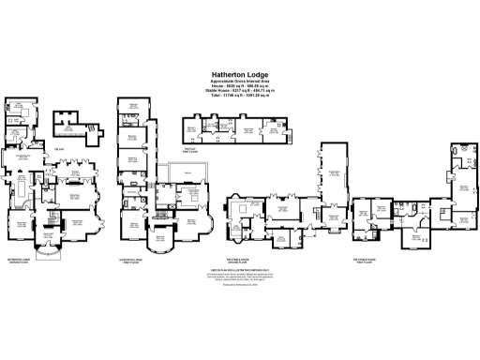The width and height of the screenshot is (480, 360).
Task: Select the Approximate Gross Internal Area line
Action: [240, 82]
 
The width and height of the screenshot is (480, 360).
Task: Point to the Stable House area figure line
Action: [240, 91]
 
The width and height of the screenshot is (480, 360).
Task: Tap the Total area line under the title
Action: [240, 96]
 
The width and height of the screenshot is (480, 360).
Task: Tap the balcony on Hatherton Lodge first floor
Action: [179, 173]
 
